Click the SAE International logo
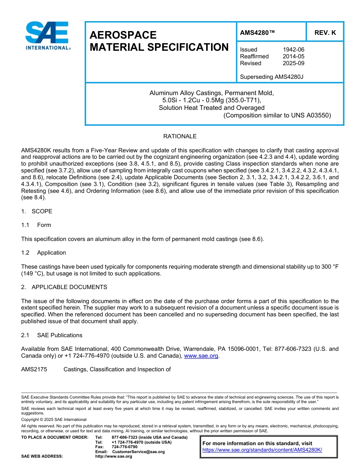click(x=47, y=36)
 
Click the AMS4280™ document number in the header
click(x=257, y=33)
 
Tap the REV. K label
click(x=325, y=33)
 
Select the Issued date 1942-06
click(x=293, y=50)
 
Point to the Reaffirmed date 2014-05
click(x=293, y=56)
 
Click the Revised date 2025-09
click(x=293, y=63)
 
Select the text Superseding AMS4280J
click(x=272, y=77)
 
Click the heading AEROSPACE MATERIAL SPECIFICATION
click(x=159, y=41)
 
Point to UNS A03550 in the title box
click(x=311, y=115)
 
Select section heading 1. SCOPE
click(x=37, y=211)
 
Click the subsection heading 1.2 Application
click(x=44, y=253)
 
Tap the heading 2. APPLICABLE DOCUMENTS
click(x=64, y=287)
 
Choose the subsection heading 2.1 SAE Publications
click(x=52, y=335)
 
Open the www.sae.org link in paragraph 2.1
click(x=201, y=356)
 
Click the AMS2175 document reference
click(x=34, y=369)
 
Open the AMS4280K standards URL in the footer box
click(x=262, y=450)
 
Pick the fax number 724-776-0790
click(x=124, y=447)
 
